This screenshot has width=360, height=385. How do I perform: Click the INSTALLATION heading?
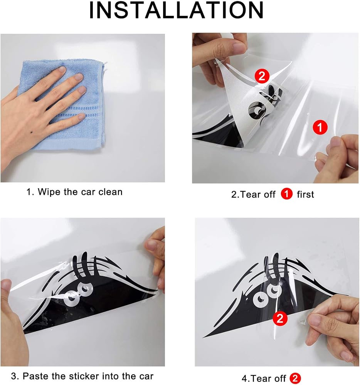[x=176, y=10]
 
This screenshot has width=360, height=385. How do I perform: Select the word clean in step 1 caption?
[x=110, y=192]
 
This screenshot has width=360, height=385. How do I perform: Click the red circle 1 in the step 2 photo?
[x=320, y=127]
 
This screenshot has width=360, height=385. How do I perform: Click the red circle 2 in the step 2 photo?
[x=262, y=76]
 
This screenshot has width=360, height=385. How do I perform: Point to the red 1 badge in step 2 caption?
[x=286, y=194]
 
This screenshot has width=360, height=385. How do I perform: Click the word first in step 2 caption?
[x=305, y=194]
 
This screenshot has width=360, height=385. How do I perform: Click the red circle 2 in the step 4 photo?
[x=280, y=319]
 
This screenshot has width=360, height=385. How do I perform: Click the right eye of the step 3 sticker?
[x=85, y=289]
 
